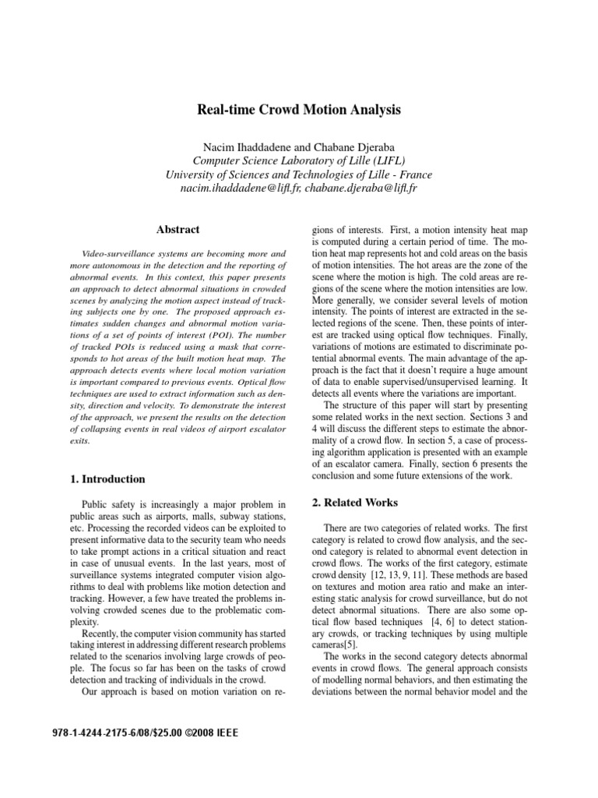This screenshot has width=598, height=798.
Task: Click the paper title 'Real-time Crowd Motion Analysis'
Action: (x=299, y=111)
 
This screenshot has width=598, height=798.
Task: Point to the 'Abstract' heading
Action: (x=178, y=230)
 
